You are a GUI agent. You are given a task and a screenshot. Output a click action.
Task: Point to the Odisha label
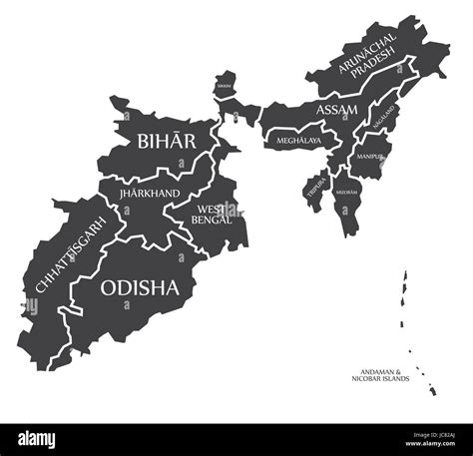(x=141, y=287)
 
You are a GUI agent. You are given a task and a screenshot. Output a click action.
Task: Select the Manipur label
(x=369, y=157)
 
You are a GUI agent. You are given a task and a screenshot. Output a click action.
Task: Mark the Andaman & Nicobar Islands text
(x=379, y=376)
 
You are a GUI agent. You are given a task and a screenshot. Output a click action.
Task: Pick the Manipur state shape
(x=369, y=165)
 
